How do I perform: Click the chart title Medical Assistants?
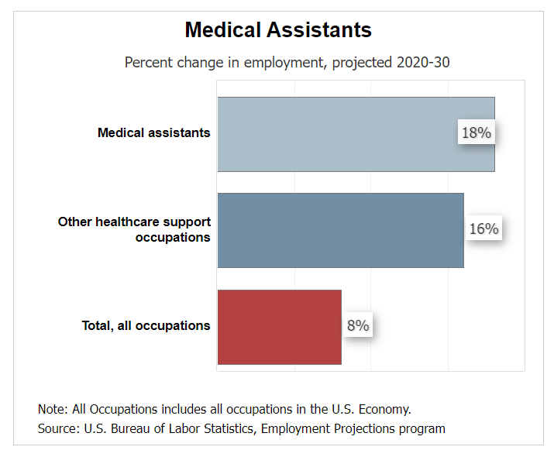tap(278, 30)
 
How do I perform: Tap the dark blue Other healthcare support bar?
tap(333, 230)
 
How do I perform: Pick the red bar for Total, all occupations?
tap(279, 326)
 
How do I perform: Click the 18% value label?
tap(476, 133)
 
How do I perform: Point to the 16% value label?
tap(483, 229)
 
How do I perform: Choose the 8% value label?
tap(357, 326)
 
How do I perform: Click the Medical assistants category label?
tap(153, 133)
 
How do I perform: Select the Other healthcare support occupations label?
tap(134, 229)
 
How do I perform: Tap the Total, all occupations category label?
tap(146, 326)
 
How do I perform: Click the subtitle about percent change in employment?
tap(287, 63)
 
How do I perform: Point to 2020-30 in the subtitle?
tap(422, 63)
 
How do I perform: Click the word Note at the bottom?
tap(52, 409)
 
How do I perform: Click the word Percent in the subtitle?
tap(148, 63)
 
